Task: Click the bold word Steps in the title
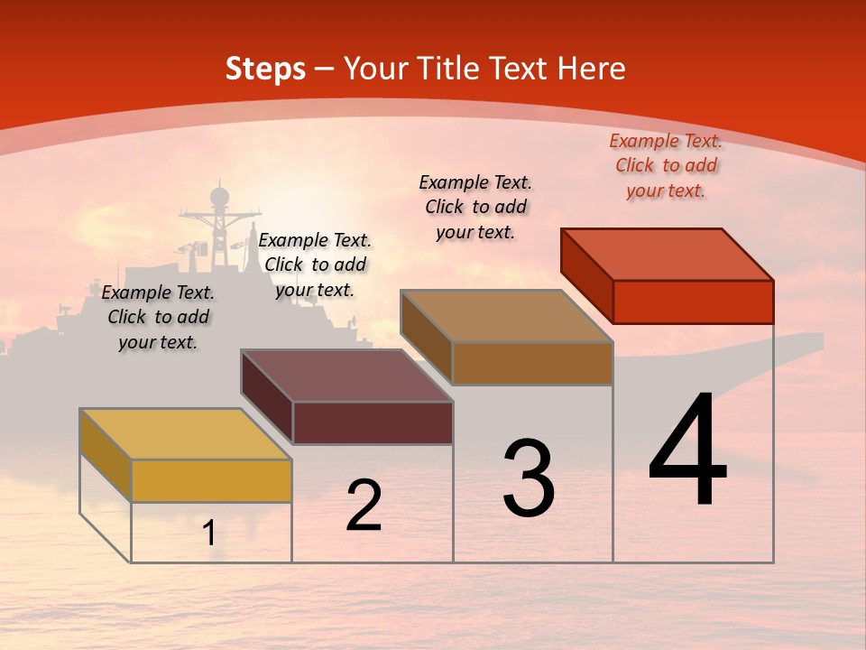(x=265, y=69)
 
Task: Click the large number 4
(x=688, y=450)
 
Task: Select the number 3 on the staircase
(x=529, y=478)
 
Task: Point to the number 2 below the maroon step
(x=364, y=506)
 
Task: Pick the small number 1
(x=209, y=534)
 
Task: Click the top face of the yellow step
(x=185, y=434)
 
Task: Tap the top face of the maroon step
(x=346, y=376)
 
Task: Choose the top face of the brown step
(x=506, y=316)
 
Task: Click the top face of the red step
(x=668, y=255)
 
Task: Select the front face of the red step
(x=693, y=302)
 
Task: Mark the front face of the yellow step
(x=211, y=480)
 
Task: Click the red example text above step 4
(x=666, y=166)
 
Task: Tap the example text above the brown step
(x=475, y=207)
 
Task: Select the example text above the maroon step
(x=315, y=265)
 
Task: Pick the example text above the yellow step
(x=158, y=317)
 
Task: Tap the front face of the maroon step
(x=373, y=422)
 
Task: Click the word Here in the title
(x=591, y=69)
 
